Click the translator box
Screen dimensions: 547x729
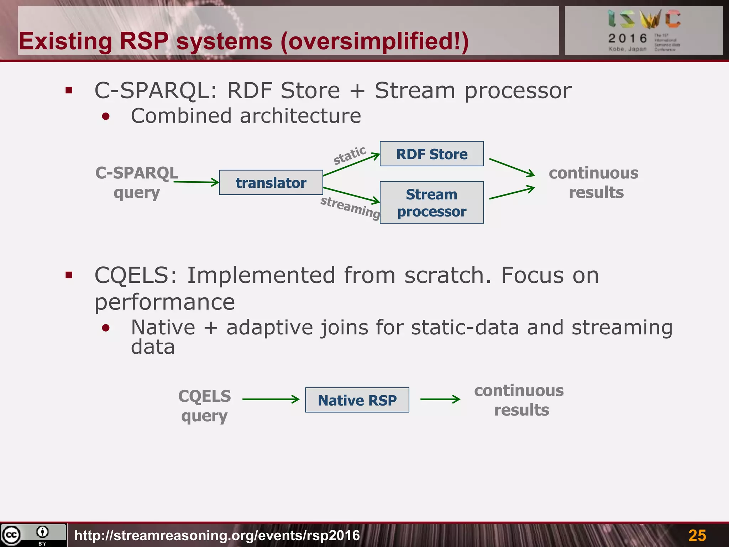(271, 183)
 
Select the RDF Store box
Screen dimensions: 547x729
(431, 154)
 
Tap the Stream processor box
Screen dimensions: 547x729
(431, 203)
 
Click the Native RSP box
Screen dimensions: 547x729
(357, 400)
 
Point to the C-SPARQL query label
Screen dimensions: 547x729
(137, 183)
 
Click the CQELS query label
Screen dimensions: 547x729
(204, 406)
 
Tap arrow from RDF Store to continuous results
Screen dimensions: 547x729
(512, 167)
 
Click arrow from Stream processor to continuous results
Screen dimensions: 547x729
(512, 193)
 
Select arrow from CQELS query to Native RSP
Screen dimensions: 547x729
(271, 399)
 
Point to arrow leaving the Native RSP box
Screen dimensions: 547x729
(440, 399)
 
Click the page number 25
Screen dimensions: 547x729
(697, 535)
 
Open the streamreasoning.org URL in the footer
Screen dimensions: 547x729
(217, 535)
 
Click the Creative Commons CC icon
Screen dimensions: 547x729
(11, 535)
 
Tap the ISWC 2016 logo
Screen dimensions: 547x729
(644, 30)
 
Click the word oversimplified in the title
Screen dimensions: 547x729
(370, 41)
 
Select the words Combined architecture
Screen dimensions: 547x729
(246, 116)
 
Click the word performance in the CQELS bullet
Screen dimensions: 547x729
(165, 302)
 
